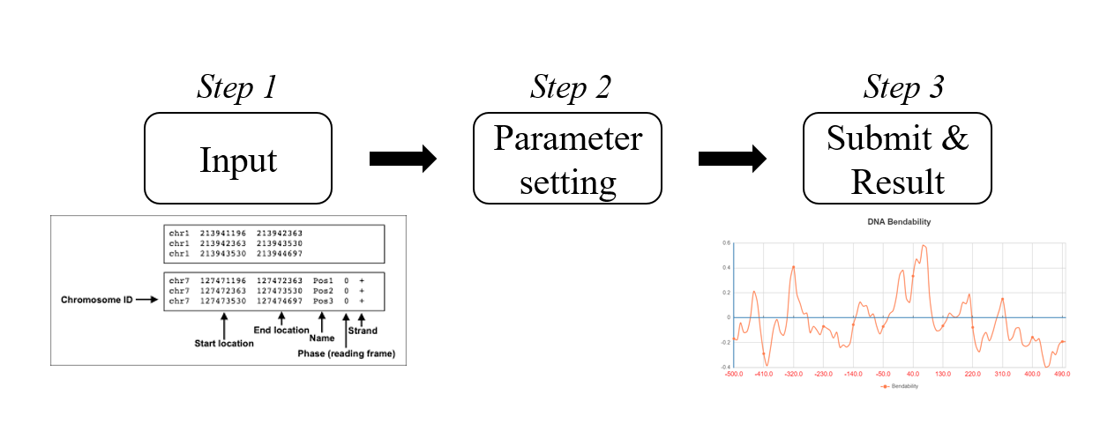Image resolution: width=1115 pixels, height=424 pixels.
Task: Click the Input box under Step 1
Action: click(238, 160)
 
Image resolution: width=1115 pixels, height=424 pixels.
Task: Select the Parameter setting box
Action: click(567, 160)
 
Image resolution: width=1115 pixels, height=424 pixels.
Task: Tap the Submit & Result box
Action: click(896, 160)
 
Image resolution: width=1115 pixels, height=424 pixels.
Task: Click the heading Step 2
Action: click(570, 87)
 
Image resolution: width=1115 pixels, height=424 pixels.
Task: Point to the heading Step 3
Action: click(903, 87)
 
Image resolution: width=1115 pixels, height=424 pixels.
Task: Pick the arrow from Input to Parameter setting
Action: click(402, 159)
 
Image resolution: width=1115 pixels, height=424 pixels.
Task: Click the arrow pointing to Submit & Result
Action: click(731, 159)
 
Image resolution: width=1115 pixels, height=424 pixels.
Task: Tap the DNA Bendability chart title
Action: click(899, 222)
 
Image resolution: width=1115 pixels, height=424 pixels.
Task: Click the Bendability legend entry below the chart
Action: click(899, 386)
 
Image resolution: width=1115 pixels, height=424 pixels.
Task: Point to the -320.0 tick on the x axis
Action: click(794, 375)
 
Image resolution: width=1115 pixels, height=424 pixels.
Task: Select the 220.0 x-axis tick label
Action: click(973, 375)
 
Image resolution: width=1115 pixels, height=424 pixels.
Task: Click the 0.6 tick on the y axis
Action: click(726, 242)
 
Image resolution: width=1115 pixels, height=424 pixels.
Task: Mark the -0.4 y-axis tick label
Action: click(725, 367)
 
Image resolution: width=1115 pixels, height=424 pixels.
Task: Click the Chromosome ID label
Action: click(96, 301)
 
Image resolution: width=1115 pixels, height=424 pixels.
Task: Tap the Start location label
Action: click(224, 344)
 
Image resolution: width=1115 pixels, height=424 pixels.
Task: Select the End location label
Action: click(281, 331)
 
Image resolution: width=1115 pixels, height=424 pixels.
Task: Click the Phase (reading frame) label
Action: click(346, 354)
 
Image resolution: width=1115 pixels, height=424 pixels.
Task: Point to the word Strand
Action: click(363, 331)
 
